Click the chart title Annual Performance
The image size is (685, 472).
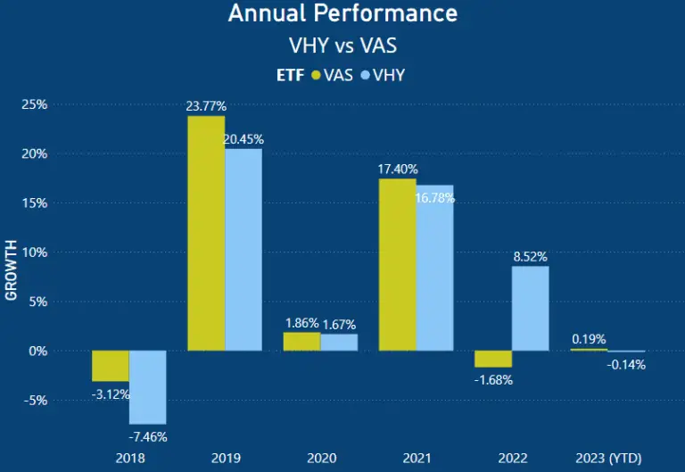pos(342,13)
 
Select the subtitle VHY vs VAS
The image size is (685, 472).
pos(342,45)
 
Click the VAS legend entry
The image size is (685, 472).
pos(333,75)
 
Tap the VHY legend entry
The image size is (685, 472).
pos(383,75)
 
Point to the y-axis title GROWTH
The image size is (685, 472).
pos(12,269)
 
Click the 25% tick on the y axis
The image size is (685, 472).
pos(34,104)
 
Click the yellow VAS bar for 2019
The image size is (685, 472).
pos(206,233)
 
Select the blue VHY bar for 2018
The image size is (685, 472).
pos(148,387)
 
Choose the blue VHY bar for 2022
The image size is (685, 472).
pos(530,309)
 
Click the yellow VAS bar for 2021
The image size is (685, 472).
pos(397,265)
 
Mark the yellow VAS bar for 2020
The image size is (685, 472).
pos(301,342)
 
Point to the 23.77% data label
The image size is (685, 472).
pos(206,106)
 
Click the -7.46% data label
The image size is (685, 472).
pos(148,436)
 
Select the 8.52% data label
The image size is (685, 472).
pos(530,256)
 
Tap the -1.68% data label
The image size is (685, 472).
pos(493,379)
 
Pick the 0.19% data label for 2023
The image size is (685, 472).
pos(589,339)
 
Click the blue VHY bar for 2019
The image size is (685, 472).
pos(243,250)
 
